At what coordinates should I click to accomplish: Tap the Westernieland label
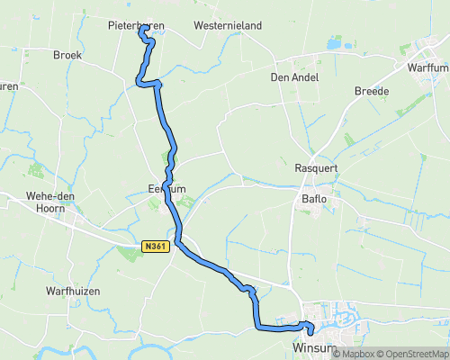point(227,26)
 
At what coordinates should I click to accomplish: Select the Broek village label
point(67,55)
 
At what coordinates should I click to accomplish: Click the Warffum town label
point(427,67)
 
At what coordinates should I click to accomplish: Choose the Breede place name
point(371,91)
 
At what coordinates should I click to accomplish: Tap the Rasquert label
point(315,168)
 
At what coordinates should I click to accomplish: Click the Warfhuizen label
point(72,292)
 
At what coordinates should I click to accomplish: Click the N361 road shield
point(154,245)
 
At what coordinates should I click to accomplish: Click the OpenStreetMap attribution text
point(414,354)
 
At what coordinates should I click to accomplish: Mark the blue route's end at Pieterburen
point(142,29)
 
